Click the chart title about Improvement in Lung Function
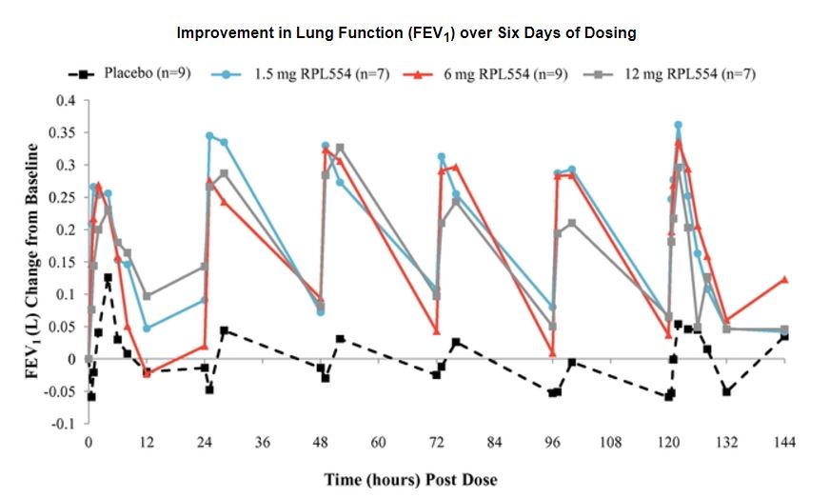tap(406, 33)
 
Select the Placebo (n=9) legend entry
tap(143, 73)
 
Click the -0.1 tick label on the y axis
tap(64, 424)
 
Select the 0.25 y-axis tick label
tap(63, 197)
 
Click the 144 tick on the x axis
tap(784, 443)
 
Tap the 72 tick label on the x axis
tap(437, 443)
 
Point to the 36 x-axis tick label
tap(263, 443)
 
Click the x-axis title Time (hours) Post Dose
tap(410, 478)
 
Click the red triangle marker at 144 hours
tap(784, 279)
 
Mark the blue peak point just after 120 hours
tap(678, 125)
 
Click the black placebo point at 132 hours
tap(726, 391)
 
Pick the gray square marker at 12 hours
tap(147, 296)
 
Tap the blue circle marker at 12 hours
tap(147, 329)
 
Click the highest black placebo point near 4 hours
tap(108, 277)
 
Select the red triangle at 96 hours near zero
tap(552, 353)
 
